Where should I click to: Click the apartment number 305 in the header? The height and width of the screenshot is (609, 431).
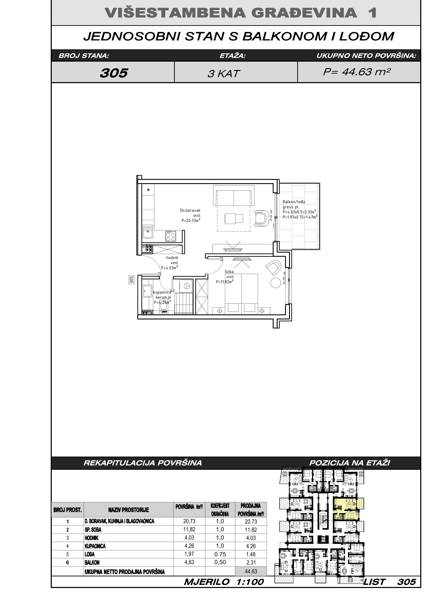click(114, 73)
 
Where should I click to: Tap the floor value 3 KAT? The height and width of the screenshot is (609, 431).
click(224, 74)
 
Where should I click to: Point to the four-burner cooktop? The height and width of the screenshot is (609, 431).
click(171, 236)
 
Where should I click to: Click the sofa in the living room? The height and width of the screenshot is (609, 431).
click(233, 198)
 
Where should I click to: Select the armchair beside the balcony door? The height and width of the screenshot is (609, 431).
click(261, 218)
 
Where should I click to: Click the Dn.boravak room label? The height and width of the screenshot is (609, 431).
click(190, 210)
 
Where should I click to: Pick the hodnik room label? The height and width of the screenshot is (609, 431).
click(172, 258)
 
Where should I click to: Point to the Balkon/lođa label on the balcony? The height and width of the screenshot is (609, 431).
click(294, 202)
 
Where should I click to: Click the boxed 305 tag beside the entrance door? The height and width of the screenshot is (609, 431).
click(131, 280)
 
